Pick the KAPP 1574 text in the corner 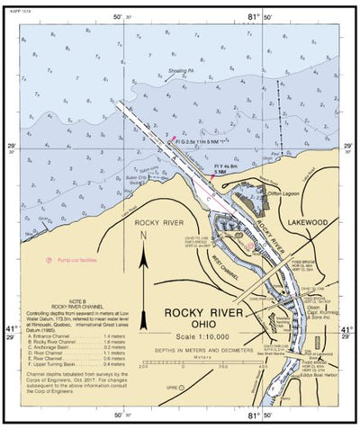[16, 6]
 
